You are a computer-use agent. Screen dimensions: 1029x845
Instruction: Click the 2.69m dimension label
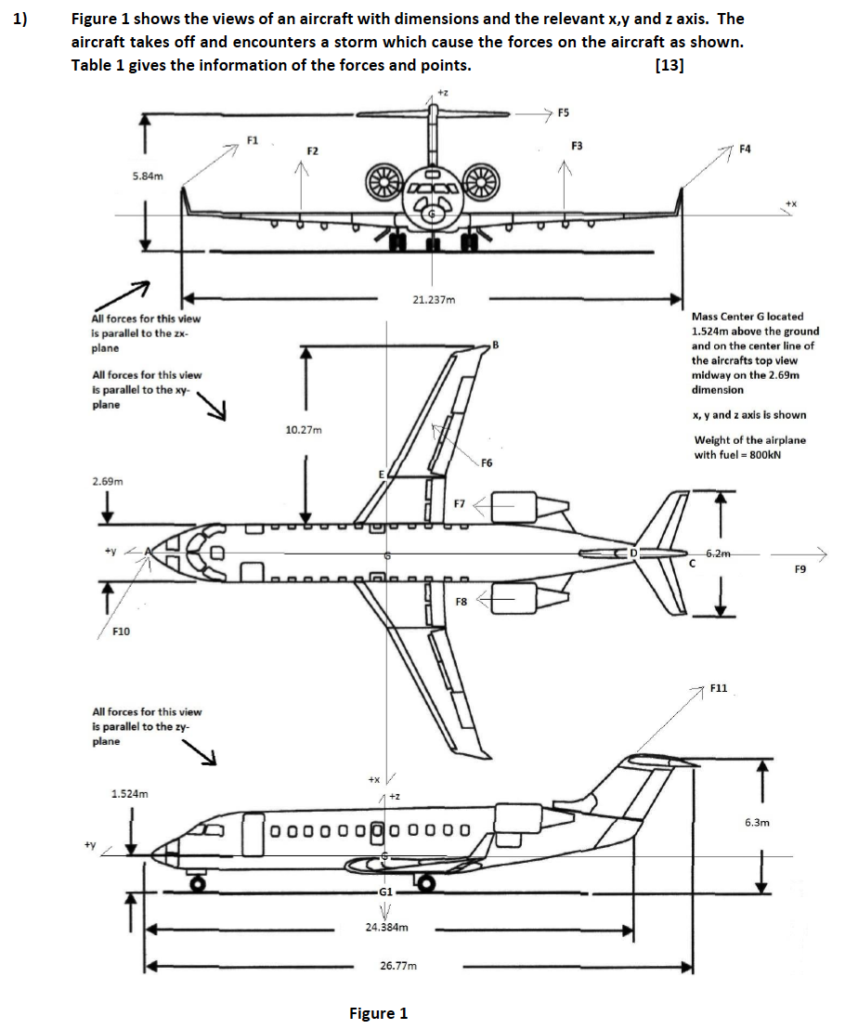[x=108, y=482]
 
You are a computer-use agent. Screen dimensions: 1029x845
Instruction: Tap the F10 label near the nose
[x=121, y=632]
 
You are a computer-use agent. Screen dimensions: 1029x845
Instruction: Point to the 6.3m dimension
[x=757, y=822]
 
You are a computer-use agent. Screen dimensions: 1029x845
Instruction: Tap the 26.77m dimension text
[x=398, y=966]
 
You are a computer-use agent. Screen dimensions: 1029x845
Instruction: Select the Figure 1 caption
[x=378, y=1013]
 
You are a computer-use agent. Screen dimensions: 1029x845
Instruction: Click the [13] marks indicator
[x=669, y=66]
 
